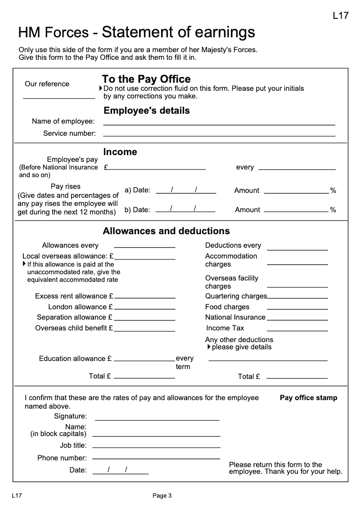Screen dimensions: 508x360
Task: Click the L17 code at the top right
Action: [341, 16]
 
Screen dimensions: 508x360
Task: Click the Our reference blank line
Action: [59, 97]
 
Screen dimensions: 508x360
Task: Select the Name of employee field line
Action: [219, 124]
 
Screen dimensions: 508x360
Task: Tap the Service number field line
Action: [219, 135]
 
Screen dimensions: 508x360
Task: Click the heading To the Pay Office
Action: [146, 80]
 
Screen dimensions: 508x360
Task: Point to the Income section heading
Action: [120, 152]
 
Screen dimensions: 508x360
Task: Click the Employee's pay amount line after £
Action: [157, 169]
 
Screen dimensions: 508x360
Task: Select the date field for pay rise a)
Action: [186, 192]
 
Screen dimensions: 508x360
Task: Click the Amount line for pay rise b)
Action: [296, 210]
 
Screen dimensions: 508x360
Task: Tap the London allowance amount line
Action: [145, 308]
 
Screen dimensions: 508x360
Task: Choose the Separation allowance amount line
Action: [145, 319]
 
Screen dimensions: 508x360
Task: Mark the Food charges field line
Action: [297, 308]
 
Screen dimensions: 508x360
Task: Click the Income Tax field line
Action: [297, 330]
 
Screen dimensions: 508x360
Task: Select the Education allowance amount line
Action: [145, 360]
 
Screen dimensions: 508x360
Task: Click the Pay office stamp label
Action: [308, 398]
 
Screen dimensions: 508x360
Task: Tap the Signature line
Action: [157, 419]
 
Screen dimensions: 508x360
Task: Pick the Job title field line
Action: [156, 447]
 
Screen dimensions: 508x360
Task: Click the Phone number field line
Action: [156, 459]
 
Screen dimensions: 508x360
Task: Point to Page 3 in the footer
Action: [162, 496]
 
